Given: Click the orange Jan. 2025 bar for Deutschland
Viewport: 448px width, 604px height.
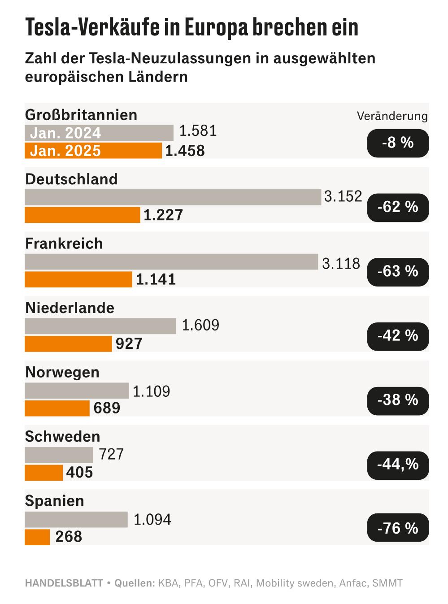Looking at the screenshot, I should (82, 215).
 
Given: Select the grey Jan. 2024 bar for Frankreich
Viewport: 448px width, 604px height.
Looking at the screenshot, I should (171, 262).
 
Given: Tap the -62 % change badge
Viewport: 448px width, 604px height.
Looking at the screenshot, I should (398, 207).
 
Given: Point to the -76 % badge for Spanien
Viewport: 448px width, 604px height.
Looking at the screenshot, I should (398, 528).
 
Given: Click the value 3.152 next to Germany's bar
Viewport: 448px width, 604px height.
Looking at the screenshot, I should (343, 196).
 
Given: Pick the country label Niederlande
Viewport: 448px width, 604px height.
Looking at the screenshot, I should (70, 308).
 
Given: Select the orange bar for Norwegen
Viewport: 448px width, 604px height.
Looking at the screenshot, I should (57, 408).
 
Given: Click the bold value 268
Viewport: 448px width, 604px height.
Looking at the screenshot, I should (69, 537).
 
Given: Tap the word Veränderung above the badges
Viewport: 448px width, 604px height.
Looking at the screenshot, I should (392, 116).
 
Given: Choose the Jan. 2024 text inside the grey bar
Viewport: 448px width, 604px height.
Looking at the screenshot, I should (65, 133).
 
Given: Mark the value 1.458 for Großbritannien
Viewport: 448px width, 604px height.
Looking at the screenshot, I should (185, 151).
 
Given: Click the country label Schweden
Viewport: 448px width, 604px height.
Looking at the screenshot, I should (62, 437).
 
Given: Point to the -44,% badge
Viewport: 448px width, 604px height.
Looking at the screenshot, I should (398, 464).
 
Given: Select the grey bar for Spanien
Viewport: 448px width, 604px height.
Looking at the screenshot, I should (76, 520).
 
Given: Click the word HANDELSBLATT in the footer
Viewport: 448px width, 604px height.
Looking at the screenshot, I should (63, 583).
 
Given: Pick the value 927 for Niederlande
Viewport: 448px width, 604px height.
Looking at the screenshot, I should (129, 344).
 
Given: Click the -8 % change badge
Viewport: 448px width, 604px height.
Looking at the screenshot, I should (398, 143).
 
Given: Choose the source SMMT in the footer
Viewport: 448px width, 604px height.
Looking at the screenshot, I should (388, 583).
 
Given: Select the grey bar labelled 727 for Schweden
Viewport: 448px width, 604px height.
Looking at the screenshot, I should (59, 455).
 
